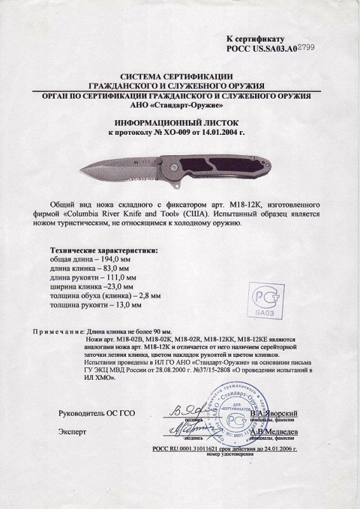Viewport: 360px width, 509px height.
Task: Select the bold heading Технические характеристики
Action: coord(103,251)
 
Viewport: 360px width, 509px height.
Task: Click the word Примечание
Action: coord(56,331)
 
